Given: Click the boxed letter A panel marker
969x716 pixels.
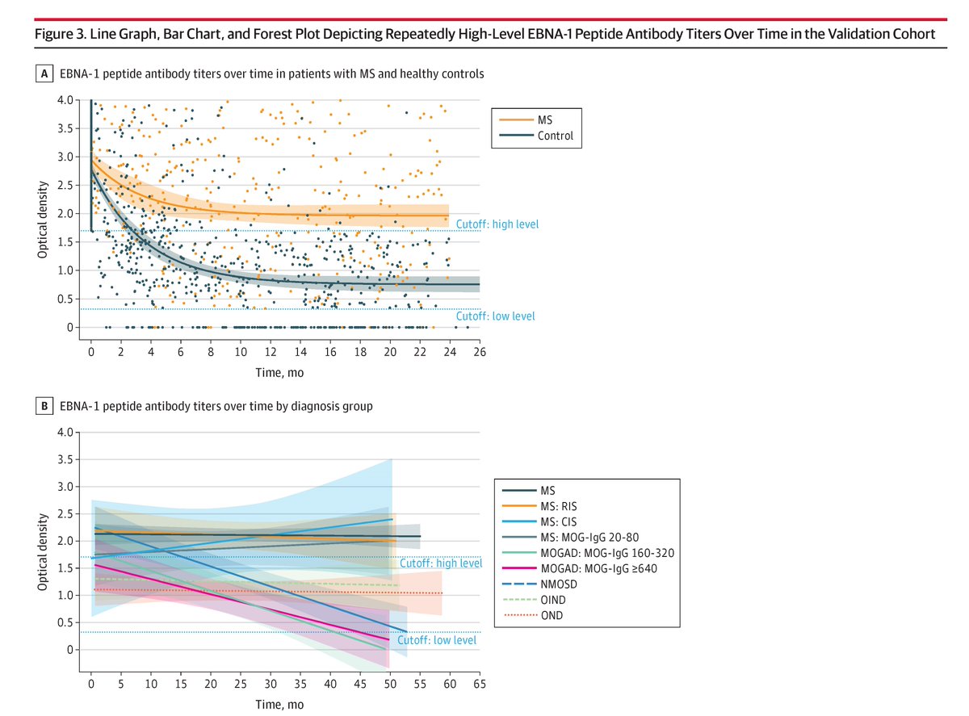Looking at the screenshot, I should click(45, 74).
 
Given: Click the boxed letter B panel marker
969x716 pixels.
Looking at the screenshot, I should click(45, 407).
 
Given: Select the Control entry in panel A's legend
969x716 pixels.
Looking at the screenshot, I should click(555, 136).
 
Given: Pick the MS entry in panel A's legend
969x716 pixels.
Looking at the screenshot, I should click(545, 119).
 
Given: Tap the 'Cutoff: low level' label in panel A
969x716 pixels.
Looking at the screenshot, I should click(495, 316).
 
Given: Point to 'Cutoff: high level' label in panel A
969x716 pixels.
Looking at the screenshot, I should click(497, 224).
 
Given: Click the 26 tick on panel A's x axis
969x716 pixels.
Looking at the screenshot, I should click(480, 354).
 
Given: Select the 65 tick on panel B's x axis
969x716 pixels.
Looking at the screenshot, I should click(480, 684).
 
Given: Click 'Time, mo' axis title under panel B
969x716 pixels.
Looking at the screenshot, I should click(279, 703).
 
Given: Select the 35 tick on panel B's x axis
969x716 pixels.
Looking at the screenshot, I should click(300, 684).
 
